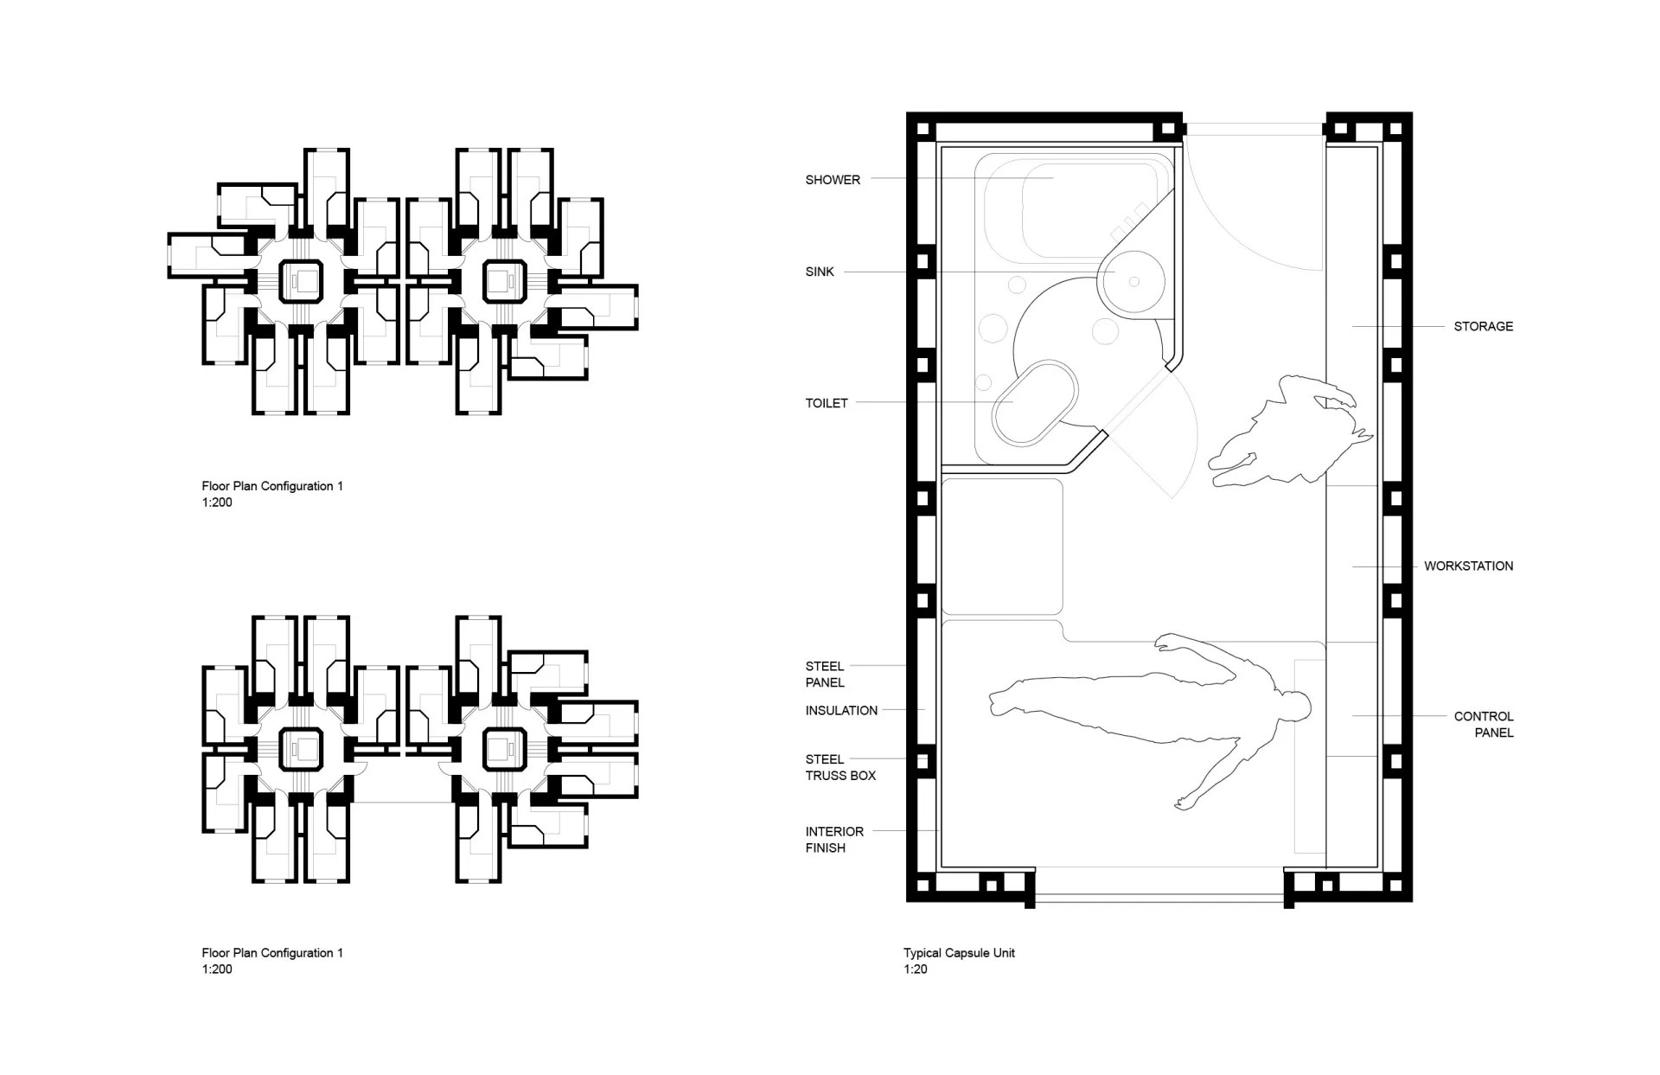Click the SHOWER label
point(833,180)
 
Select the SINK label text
point(820,272)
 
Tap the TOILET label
point(827,403)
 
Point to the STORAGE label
point(1483,326)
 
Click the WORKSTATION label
point(1468,566)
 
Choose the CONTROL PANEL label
point(1483,725)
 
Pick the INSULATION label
point(841,711)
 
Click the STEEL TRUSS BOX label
point(840,768)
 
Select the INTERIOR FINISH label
point(834,840)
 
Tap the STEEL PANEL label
point(825,675)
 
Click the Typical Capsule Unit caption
point(959,953)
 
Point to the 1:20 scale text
point(916,969)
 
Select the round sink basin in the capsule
point(1131,280)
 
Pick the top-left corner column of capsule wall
point(922,130)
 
